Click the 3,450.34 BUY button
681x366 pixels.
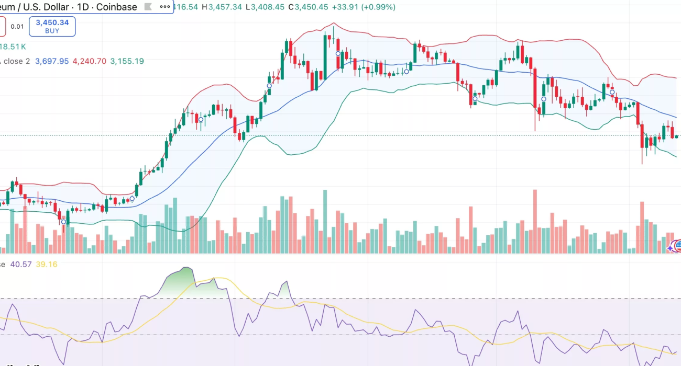coord(52,26)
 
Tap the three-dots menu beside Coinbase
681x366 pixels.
coord(164,7)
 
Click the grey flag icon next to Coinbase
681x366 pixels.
coord(148,7)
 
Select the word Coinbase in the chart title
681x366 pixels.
coord(116,7)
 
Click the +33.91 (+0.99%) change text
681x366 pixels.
coord(366,7)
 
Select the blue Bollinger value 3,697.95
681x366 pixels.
coord(52,61)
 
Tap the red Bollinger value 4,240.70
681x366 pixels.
coord(89,61)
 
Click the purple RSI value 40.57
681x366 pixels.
coord(21,265)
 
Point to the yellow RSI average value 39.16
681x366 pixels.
coord(46,265)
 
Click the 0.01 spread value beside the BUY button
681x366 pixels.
coord(17,26)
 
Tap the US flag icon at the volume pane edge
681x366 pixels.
coord(678,244)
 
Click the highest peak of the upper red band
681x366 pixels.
coord(333,24)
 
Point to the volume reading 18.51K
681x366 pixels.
coord(13,47)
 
